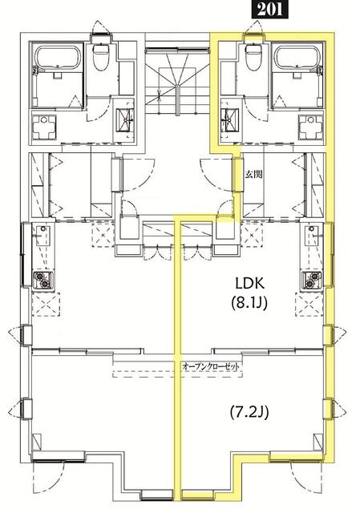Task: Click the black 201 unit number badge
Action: pyautogui.click(x=269, y=9)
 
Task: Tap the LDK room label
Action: pyautogui.click(x=249, y=283)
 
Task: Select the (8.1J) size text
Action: pyautogui.click(x=249, y=303)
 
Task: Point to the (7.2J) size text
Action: pyautogui.click(x=249, y=412)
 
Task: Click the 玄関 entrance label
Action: pyautogui.click(x=254, y=175)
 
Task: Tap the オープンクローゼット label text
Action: pyautogui.click(x=211, y=367)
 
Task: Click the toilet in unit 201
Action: pyautogui.click(x=253, y=56)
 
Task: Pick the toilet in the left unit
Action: pyautogui.click(x=101, y=57)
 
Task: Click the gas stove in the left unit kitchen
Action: pyautogui.click(x=43, y=280)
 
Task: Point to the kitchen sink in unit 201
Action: pyautogui.click(x=311, y=236)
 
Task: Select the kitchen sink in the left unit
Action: pyautogui.click(x=42, y=236)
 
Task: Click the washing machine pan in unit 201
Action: pyautogui.click(x=310, y=127)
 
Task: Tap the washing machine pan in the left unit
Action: pyautogui.click(x=44, y=127)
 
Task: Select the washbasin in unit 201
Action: pyautogui.click(x=226, y=120)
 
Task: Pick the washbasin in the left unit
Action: pyautogui.click(x=126, y=120)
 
